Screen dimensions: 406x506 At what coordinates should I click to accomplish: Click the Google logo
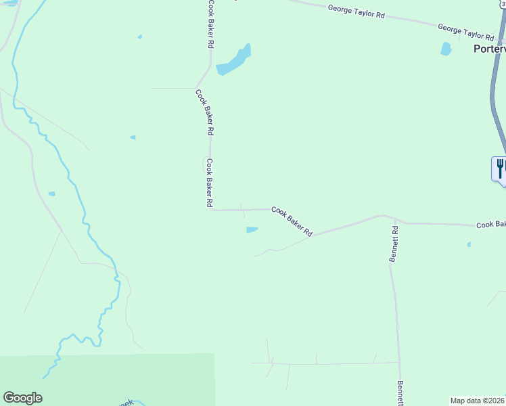click(22, 398)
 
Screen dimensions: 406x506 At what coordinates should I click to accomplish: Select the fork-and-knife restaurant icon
click(500, 167)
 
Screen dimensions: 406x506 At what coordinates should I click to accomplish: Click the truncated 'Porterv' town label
click(489, 49)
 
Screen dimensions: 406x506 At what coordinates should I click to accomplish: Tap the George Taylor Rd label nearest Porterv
click(465, 32)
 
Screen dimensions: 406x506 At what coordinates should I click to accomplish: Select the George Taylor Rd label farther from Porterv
click(356, 12)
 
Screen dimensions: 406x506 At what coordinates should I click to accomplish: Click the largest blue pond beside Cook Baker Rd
click(233, 62)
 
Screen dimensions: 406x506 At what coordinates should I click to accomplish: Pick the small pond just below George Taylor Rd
click(446, 49)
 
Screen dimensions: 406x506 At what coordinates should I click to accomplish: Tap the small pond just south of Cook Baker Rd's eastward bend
click(252, 230)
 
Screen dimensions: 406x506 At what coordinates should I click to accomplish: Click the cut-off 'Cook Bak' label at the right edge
click(490, 225)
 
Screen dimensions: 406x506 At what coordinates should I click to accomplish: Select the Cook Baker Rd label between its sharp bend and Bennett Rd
click(292, 221)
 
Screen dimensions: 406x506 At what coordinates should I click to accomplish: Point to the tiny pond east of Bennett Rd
click(468, 244)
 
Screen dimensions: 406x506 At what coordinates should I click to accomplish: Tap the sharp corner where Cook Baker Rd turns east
click(211, 210)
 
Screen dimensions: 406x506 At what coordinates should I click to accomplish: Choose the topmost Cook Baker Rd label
click(211, 24)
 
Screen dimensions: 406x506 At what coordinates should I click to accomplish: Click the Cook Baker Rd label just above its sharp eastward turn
click(210, 183)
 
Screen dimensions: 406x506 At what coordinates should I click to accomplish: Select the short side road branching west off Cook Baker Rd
click(172, 88)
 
